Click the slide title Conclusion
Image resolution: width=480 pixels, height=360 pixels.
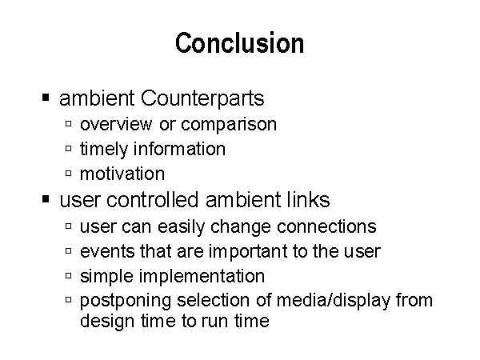(240, 43)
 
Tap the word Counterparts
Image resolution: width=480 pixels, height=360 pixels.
(202, 98)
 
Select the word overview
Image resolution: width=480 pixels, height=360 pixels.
(116, 124)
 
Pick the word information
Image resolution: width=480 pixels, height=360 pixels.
(179, 149)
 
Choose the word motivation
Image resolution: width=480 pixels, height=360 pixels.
(122, 174)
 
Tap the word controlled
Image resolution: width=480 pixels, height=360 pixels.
(153, 199)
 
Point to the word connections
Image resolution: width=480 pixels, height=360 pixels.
(326, 227)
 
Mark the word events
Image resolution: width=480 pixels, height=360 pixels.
(107, 252)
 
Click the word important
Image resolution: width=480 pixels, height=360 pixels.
(248, 252)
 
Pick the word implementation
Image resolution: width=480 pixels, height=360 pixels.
(202, 277)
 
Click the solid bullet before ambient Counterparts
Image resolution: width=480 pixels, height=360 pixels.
(46, 98)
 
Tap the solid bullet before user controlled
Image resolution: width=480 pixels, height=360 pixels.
(46, 199)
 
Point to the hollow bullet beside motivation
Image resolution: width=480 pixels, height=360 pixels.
(69, 174)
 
